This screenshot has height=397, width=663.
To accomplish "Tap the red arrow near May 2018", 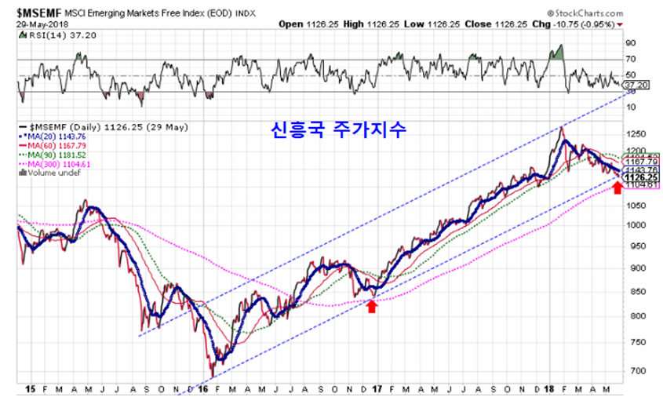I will [x=617, y=188].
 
